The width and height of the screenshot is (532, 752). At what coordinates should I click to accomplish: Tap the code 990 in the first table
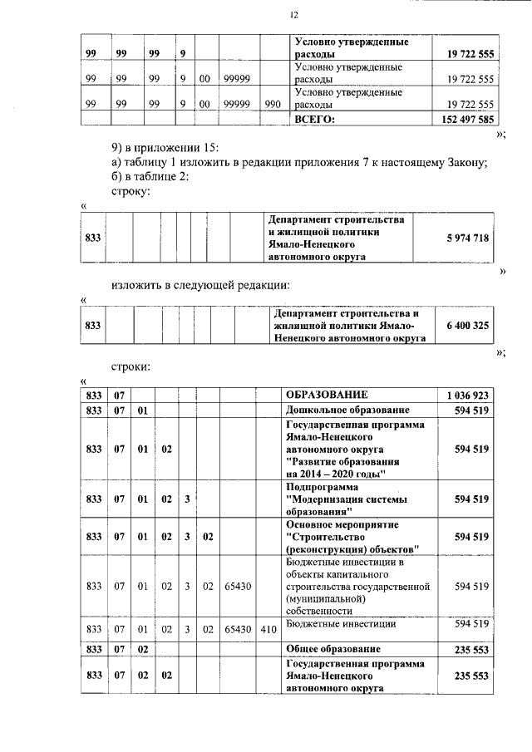tap(272, 106)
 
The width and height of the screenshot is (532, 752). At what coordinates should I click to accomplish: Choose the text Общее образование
tap(332, 648)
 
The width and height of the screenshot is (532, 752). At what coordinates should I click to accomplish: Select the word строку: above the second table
tap(131, 191)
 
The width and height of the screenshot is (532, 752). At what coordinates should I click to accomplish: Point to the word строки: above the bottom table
tap(131, 366)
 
